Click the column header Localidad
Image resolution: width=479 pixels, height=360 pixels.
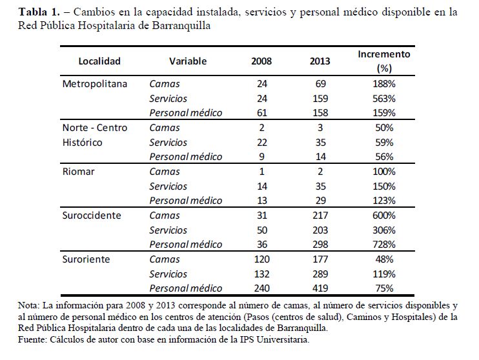[x=99, y=61]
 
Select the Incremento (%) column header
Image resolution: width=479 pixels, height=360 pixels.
[x=383, y=61]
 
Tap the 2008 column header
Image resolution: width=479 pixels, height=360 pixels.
[x=261, y=61]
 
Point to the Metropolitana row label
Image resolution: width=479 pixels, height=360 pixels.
[x=95, y=84]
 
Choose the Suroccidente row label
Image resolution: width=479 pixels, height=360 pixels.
[x=92, y=215]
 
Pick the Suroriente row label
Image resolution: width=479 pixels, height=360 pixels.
[x=87, y=259]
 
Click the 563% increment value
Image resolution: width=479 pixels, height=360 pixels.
[x=383, y=99]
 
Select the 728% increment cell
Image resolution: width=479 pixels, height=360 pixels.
[x=383, y=245]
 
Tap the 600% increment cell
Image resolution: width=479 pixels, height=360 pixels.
[x=383, y=215]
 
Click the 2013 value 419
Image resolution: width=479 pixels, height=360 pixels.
[x=319, y=288]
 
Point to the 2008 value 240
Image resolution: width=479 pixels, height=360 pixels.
[x=261, y=288]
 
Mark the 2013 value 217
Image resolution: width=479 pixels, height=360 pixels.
[x=319, y=215]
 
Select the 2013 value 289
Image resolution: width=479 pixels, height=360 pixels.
[x=319, y=274]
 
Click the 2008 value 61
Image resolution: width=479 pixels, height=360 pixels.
[x=261, y=113]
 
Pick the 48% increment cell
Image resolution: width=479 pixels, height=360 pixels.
[x=383, y=259]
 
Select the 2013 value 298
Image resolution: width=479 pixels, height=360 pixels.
[x=319, y=245]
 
